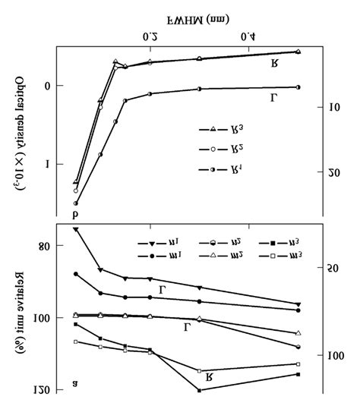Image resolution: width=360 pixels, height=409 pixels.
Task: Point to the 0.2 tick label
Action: point(150,36)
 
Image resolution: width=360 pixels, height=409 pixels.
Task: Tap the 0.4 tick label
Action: point(248,36)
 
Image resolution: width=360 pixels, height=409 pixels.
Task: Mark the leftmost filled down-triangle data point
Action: point(75,228)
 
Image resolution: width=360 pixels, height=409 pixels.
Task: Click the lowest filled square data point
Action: point(200,390)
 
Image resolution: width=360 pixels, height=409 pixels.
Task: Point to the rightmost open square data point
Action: point(298,364)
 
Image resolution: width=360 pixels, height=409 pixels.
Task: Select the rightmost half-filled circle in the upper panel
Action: point(298,87)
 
